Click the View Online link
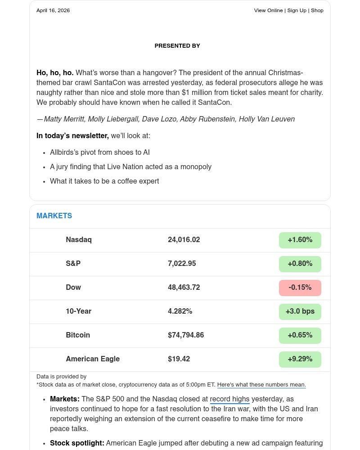pyautogui.click(x=268, y=10)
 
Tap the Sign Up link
pyautogui.click(x=297, y=10)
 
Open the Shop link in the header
pyautogui.click(x=317, y=10)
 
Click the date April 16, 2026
pyautogui.click(x=53, y=10)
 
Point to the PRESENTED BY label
pyautogui.click(x=177, y=46)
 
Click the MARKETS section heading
pyautogui.click(x=54, y=216)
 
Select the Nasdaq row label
pyautogui.click(x=79, y=240)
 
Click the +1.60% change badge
pyautogui.click(x=300, y=240)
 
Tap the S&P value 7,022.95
pyautogui.click(x=182, y=264)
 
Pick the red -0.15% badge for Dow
pyautogui.click(x=300, y=288)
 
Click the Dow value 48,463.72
pyautogui.click(x=184, y=288)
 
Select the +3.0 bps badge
pyautogui.click(x=300, y=311)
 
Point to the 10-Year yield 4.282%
pyautogui.click(x=180, y=311)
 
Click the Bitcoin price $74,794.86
pyautogui.click(x=186, y=335)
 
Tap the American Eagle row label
pyautogui.click(x=93, y=359)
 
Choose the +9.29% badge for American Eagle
pyautogui.click(x=300, y=359)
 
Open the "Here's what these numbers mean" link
pyautogui.click(x=261, y=385)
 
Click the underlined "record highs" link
pyautogui.click(x=229, y=399)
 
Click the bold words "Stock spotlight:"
pyautogui.click(x=77, y=443)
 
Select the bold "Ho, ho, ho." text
pyautogui.click(x=55, y=73)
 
